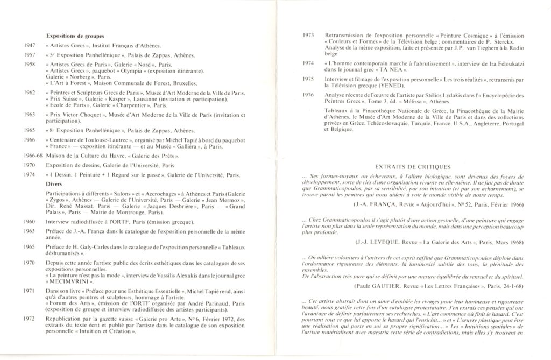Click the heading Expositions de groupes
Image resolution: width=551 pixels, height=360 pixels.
pos(75,36)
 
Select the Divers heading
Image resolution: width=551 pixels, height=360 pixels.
pos(54,183)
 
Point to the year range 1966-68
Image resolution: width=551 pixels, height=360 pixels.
pos(31,155)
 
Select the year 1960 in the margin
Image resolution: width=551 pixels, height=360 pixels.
pos(31,221)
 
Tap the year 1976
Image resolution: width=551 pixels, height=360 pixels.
pos(308,95)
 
